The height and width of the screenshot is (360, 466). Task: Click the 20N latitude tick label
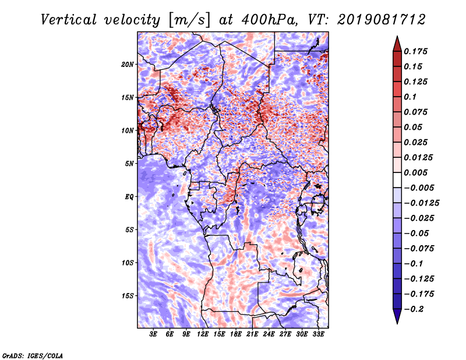[128, 65]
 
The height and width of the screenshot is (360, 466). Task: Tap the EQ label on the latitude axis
[129, 197]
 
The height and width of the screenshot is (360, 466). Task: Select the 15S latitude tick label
[128, 296]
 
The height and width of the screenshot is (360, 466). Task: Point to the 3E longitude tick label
[153, 334]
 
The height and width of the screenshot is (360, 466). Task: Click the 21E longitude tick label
[252, 334]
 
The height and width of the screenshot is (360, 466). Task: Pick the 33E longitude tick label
[318, 334]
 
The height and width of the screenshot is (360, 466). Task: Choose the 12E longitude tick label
[203, 334]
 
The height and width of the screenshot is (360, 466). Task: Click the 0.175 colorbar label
[415, 51]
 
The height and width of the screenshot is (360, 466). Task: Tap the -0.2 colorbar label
[414, 309]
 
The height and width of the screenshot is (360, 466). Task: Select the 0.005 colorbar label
[415, 172]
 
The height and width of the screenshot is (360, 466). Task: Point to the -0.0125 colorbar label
[421, 203]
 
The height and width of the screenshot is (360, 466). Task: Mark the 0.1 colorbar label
[410, 97]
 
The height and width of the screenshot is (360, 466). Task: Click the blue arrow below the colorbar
[397, 316]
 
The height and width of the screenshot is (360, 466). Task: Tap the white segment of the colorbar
[397, 180]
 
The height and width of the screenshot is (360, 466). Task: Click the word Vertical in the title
[69, 20]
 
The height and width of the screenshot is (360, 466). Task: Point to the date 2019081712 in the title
[382, 20]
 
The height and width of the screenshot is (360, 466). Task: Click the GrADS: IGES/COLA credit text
[33, 356]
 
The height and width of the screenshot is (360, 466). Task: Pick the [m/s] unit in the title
[189, 20]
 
